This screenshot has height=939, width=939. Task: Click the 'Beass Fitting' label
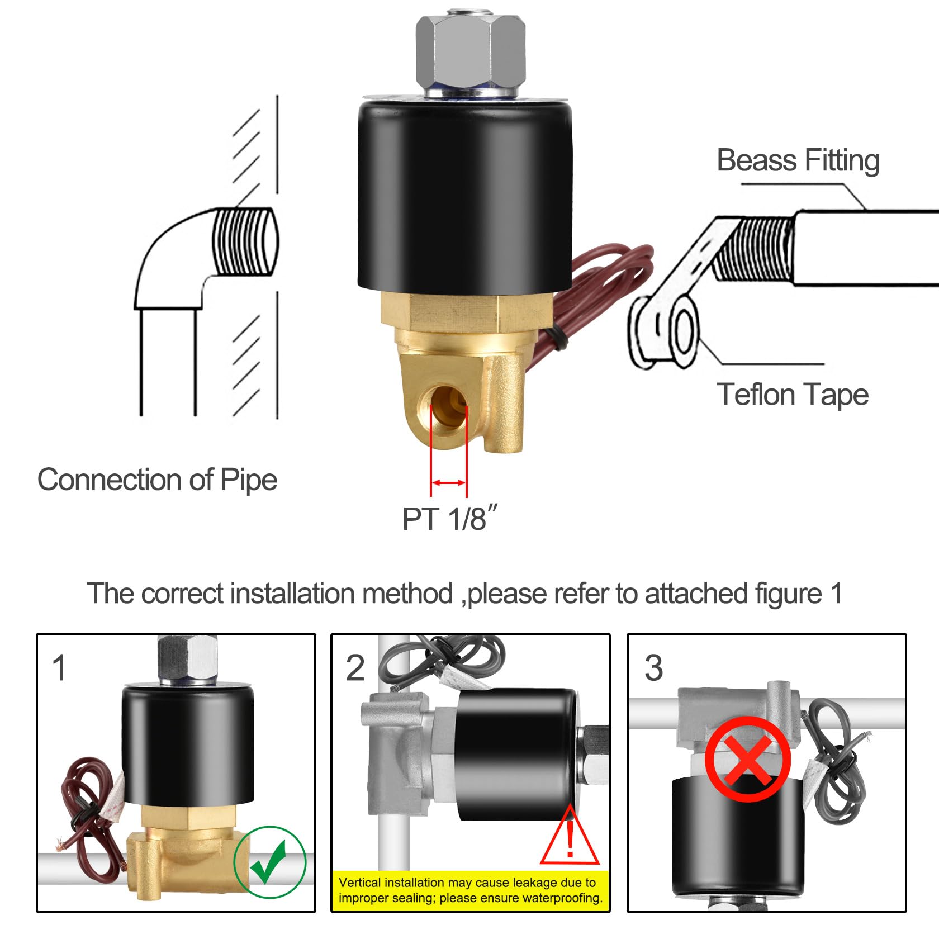click(798, 161)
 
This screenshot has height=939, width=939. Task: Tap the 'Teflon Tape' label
click(792, 395)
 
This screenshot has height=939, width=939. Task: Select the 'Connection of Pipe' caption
click(157, 480)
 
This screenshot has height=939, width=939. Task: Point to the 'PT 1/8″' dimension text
click(449, 519)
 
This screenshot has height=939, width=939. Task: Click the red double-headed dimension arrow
click(448, 483)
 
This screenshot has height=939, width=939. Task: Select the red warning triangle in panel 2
click(569, 838)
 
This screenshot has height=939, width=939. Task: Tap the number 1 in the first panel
click(59, 667)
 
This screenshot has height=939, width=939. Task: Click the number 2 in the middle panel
click(355, 667)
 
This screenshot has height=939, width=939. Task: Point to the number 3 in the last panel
click(653, 667)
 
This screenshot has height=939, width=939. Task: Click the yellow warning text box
click(470, 890)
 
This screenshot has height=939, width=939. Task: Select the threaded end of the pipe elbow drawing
click(245, 241)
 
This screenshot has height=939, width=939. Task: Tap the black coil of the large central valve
click(464, 196)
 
